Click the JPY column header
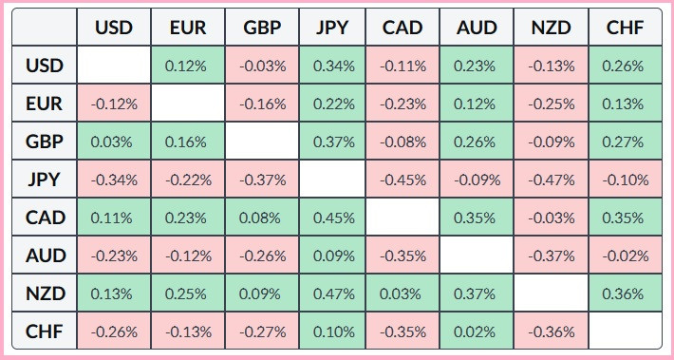332,28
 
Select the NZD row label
45,294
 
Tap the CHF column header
626,28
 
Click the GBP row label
45,142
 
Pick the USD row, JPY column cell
332,66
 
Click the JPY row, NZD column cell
551,180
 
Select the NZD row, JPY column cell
332,294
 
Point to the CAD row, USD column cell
114,218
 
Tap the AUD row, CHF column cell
626,256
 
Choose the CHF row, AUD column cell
477,332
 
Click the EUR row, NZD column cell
551,104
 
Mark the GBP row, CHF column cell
626,142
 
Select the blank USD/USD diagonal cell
114,66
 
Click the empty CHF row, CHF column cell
626,332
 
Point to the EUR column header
188,28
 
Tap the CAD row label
45,218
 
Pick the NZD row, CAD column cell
403,294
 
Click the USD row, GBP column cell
262,66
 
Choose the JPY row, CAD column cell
403,180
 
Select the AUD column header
477,28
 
